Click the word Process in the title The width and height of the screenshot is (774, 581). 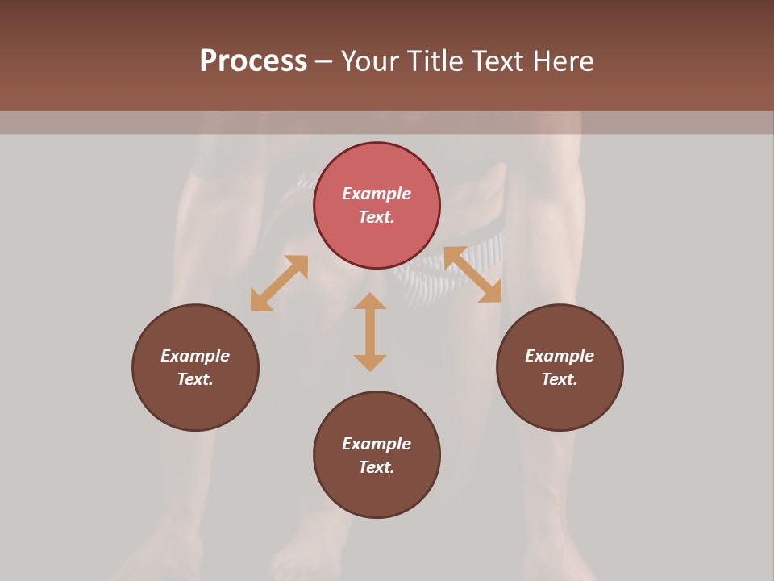pos(253,61)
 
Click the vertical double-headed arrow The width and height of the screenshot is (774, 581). pos(370,332)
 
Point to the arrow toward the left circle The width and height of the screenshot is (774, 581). pos(279,283)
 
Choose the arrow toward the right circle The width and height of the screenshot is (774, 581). pos(472,274)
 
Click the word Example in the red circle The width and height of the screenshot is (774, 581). pos(377,194)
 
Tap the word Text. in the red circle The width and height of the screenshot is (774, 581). pos(377,217)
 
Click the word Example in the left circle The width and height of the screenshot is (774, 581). pos(195,356)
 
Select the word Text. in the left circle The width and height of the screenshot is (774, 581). pos(195,379)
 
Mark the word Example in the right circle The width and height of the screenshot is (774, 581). pos(560,356)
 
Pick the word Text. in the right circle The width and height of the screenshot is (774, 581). pos(560,379)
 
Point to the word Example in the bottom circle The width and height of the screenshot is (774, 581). pos(377,444)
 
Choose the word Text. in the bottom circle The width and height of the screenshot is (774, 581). pos(377,467)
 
